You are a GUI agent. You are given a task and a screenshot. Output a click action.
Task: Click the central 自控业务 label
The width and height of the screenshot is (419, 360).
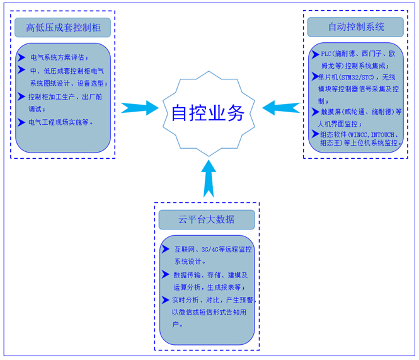[208, 113]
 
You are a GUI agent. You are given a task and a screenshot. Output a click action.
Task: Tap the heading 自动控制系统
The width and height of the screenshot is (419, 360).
[356, 28]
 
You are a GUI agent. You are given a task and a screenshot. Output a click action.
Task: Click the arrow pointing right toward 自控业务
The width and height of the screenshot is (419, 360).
[139, 108]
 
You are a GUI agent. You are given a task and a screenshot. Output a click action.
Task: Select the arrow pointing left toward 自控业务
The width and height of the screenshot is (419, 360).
[280, 108]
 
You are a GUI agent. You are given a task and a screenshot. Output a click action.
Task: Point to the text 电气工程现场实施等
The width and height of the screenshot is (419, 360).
[62, 122]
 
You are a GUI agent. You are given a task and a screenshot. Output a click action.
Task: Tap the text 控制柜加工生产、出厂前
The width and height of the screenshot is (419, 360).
[66, 97]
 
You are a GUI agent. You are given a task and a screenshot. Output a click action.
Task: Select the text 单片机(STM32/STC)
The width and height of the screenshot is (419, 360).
[348, 77]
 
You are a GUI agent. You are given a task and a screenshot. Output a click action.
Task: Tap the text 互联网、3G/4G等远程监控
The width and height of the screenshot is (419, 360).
[213, 250]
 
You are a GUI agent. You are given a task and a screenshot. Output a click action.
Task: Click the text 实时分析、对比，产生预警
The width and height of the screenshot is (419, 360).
[212, 300]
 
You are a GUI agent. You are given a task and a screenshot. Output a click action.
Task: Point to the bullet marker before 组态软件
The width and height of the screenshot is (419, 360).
[315, 134]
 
